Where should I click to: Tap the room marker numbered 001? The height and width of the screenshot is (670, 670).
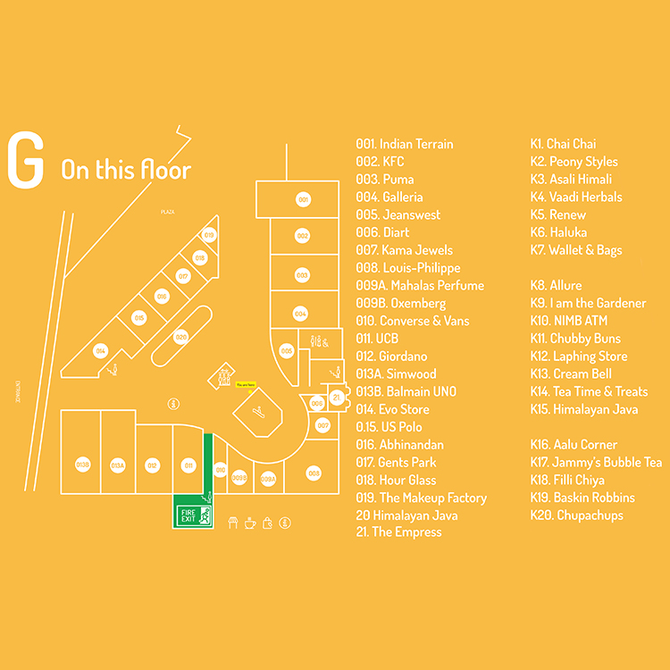(x=303, y=200)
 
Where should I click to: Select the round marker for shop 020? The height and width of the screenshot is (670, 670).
(x=181, y=337)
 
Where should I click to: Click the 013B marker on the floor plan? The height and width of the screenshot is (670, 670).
(x=82, y=465)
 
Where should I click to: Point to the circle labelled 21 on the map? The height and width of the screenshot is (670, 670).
(x=337, y=396)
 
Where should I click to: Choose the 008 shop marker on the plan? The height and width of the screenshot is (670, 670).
(x=314, y=472)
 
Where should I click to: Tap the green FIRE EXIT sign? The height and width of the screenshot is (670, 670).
(x=192, y=514)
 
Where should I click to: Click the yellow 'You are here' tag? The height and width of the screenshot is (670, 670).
(x=246, y=385)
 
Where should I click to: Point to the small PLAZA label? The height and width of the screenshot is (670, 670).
(x=166, y=212)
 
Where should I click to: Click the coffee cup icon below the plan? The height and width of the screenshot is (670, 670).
(x=249, y=523)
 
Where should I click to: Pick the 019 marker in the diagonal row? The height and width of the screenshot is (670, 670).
(x=209, y=235)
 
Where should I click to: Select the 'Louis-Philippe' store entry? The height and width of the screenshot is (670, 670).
(x=408, y=268)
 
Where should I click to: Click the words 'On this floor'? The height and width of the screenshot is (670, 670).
(x=126, y=169)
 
